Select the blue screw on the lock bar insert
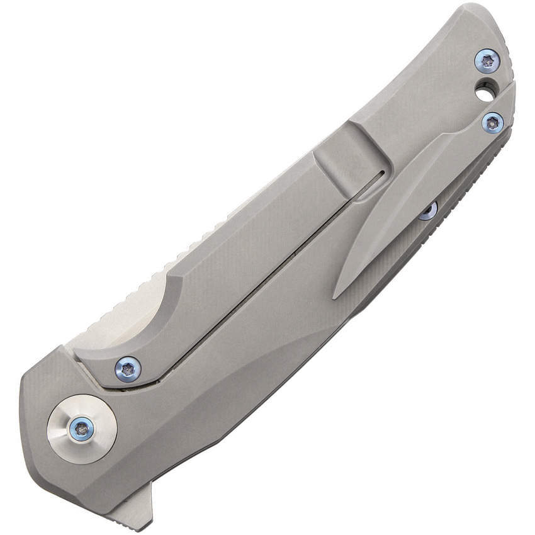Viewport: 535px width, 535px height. click(x=128, y=369)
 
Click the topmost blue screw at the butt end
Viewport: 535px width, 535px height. click(x=487, y=61)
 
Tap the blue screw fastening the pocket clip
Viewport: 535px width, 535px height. click(x=492, y=122)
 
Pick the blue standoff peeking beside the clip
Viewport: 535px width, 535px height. click(x=429, y=211)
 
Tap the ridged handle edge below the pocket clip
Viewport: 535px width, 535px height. click(x=466, y=189)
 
